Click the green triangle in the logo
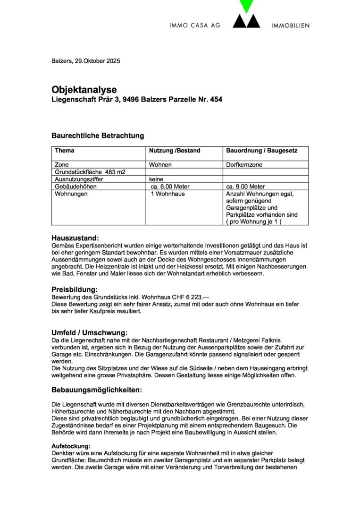tap(246, 6)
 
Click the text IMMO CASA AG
tap(194, 25)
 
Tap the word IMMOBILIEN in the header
tap(291, 25)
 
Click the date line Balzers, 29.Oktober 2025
tap(85, 61)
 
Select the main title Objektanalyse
tap(84, 90)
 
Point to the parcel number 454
tap(215, 100)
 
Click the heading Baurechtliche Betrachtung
tap(97, 136)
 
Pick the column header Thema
tap(65, 151)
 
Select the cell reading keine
tap(157, 179)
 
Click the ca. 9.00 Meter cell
tap(245, 187)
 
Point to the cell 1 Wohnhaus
tap(167, 194)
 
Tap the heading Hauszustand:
tap(75, 238)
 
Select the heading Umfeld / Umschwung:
tap(89, 333)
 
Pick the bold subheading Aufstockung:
tap(71, 446)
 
